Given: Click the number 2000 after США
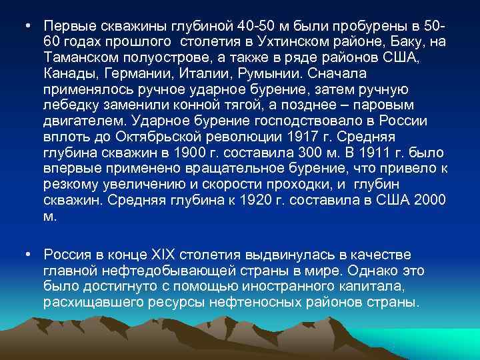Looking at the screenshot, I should pos(429,201).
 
